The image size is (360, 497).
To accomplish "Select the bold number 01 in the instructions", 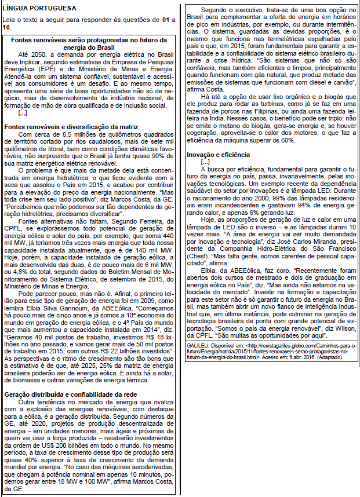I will (166, 20).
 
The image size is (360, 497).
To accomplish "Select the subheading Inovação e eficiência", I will (218, 155).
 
